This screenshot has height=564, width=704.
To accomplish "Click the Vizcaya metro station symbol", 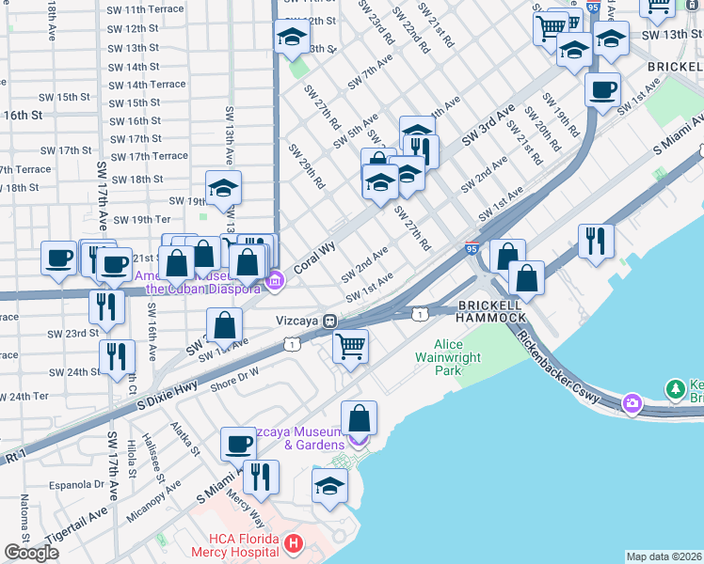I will tap(330, 321).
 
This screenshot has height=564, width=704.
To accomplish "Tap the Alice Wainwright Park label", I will tap(461, 358).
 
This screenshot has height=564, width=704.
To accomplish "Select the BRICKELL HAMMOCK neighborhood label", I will tap(491, 312).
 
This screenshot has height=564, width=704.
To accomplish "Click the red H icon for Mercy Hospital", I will tap(294, 543).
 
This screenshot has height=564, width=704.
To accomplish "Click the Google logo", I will tap(31, 553).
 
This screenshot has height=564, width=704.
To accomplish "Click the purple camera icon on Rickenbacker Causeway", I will tap(631, 404).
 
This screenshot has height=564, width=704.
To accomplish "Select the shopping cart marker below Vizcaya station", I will tap(351, 347).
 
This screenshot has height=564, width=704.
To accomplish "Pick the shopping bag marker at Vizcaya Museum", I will tap(359, 417).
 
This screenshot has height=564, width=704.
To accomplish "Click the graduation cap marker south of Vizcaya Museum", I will tap(328, 485).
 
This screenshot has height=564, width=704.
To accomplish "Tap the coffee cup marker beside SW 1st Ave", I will tap(602, 90).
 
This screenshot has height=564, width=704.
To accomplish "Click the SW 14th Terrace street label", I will tap(149, 85).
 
